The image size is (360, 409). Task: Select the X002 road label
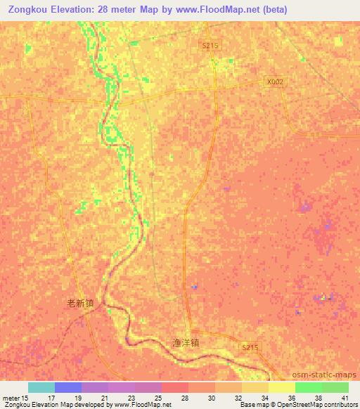(x=276, y=82)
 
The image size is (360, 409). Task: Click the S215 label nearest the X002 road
(x=210, y=44)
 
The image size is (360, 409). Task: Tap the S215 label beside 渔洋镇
(x=250, y=348)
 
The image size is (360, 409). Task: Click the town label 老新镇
(x=79, y=304)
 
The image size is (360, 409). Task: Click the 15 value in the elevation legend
(x=26, y=398)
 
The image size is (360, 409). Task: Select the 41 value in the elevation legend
(x=345, y=398)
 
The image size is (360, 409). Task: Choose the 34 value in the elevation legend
(x=264, y=398)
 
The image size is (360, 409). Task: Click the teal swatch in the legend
(x=41, y=387)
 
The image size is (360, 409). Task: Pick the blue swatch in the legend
(x=68, y=387)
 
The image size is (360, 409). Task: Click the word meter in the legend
(x=11, y=398)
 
